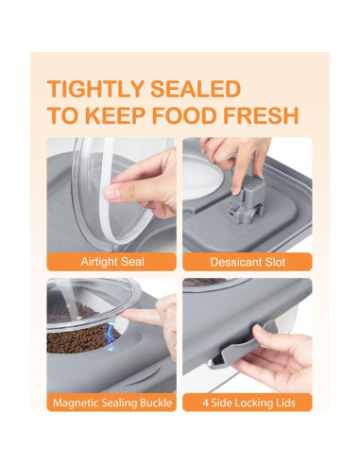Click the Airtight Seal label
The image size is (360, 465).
point(111,260)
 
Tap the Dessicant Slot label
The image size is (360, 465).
point(247,260)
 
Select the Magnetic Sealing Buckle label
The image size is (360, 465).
point(111,404)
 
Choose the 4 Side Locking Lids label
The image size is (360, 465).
point(247,404)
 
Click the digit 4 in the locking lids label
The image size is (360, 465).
point(205,404)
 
